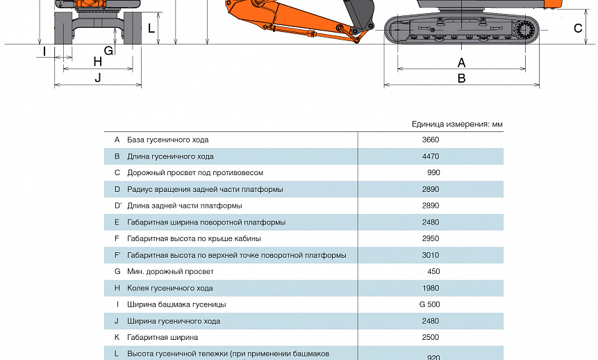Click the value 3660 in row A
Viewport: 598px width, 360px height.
430,140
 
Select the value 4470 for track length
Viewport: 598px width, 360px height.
430,156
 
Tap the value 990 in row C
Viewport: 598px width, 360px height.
433,172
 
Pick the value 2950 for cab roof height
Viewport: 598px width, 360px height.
430,238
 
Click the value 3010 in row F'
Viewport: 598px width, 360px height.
430,255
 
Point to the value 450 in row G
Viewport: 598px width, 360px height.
433,272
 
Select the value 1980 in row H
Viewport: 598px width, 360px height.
430,288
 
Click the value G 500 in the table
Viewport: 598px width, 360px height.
430,304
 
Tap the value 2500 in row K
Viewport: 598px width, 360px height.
430,337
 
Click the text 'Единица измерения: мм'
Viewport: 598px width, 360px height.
456,124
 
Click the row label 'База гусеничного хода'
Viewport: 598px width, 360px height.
167,140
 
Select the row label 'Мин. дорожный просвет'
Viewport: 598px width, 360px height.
170,272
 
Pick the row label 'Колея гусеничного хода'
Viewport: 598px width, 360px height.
169,288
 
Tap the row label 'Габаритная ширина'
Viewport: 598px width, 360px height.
162,337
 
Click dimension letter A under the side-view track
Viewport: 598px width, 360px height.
461,63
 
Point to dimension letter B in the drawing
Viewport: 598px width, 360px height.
461,79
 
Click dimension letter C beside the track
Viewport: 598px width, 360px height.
578,28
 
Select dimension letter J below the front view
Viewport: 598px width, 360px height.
98,78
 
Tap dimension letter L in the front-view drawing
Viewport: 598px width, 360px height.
151,28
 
